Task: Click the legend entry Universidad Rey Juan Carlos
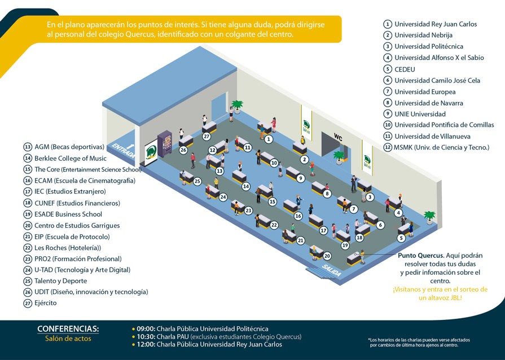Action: pyautogui.click(x=435, y=24)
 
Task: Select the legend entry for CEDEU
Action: pyautogui.click(x=405, y=69)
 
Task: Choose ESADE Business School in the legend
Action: pyautogui.click(x=68, y=214)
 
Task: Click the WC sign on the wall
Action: pyautogui.click(x=338, y=137)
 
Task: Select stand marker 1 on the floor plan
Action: pyautogui.click(x=269, y=139)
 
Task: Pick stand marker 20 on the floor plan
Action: pyautogui.click(x=327, y=256)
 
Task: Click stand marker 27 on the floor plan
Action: pyautogui.click(x=207, y=137)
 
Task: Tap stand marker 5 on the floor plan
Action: pyautogui.click(x=401, y=238)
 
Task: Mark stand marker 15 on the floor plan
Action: pyautogui.click(x=273, y=201)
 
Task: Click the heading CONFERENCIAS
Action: pyautogui.click(x=68, y=329)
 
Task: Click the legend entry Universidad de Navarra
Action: pyautogui.click(x=428, y=103)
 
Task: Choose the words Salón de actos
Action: pyautogui.click(x=68, y=339)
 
